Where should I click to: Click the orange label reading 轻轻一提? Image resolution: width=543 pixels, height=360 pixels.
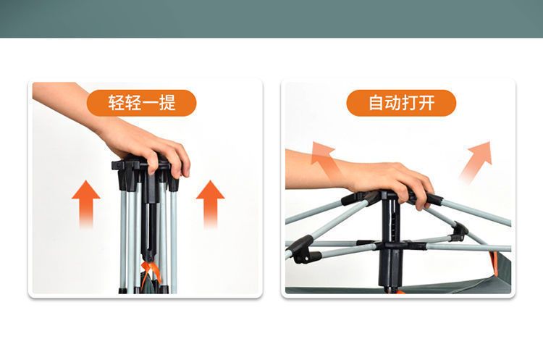tap(141, 103)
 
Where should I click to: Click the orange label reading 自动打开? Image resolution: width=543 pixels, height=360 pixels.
tap(401, 103)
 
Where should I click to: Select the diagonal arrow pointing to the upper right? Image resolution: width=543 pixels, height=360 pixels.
tap(477, 160)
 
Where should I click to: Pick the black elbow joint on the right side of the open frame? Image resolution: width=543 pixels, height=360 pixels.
tap(460, 232)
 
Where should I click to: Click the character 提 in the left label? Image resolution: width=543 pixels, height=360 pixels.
tap(168, 103)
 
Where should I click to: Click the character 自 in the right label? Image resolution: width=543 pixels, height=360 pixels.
tap(376, 103)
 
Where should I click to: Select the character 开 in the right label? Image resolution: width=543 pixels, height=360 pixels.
tap(426, 103)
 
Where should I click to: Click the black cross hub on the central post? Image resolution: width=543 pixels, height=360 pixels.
tap(391, 246)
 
